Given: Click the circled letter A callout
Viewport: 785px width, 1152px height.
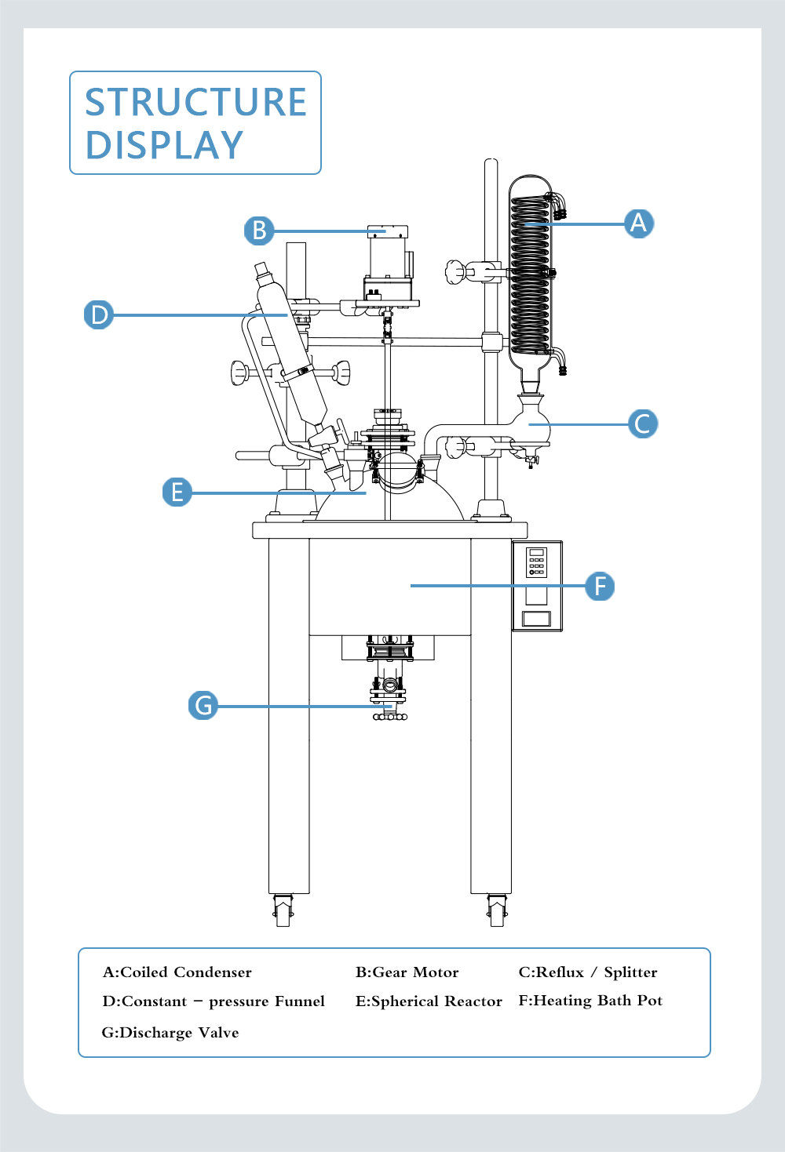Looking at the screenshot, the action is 639,223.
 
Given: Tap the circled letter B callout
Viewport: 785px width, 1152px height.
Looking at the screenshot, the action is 259,230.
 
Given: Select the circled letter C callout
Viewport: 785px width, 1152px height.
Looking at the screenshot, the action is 642,423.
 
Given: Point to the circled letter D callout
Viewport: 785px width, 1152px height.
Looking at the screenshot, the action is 98,314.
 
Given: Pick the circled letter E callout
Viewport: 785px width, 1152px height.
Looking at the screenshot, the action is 177,492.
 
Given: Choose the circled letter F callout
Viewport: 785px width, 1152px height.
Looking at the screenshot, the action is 600,586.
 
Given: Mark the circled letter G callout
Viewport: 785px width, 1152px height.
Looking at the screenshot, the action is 203,705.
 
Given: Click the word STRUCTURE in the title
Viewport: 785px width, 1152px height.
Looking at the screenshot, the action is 195,102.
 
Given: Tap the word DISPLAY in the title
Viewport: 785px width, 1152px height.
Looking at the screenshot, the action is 164,144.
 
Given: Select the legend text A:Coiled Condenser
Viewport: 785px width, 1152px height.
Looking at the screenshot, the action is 177,972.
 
